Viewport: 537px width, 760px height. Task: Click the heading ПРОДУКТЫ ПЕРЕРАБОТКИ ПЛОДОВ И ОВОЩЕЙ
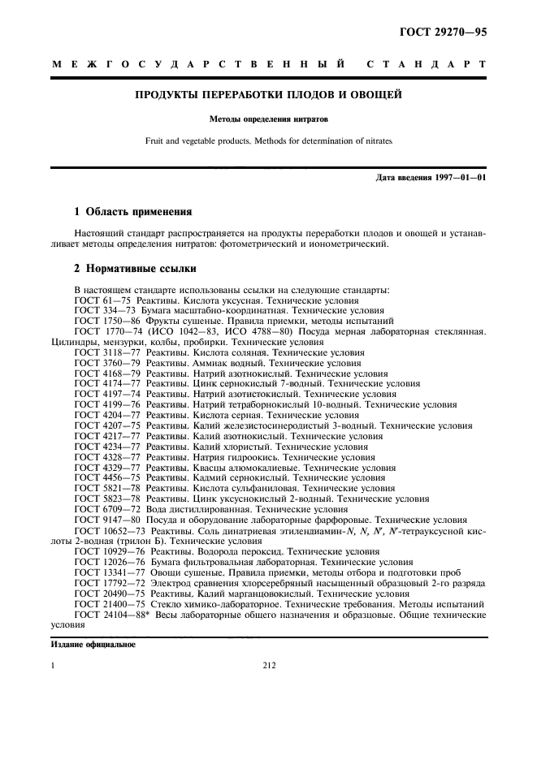click(x=268, y=95)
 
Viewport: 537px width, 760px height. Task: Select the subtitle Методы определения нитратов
click(x=268, y=119)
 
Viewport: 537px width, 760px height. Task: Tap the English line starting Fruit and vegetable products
click(x=268, y=140)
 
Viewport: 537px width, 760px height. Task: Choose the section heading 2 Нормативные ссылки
click(x=134, y=268)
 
